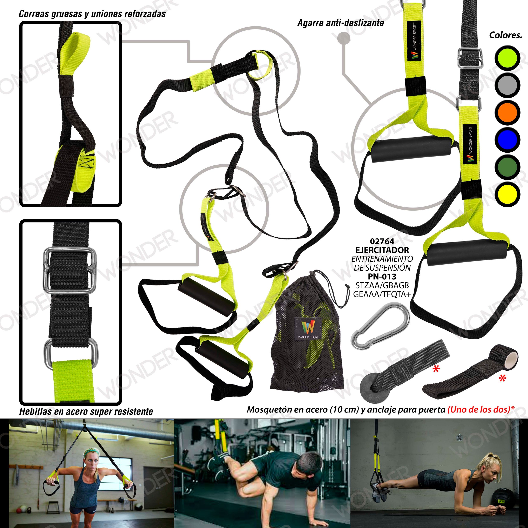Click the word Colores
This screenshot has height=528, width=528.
coord(506,35)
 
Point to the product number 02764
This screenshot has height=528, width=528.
coord(382,242)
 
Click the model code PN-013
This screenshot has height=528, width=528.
coord(382,277)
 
